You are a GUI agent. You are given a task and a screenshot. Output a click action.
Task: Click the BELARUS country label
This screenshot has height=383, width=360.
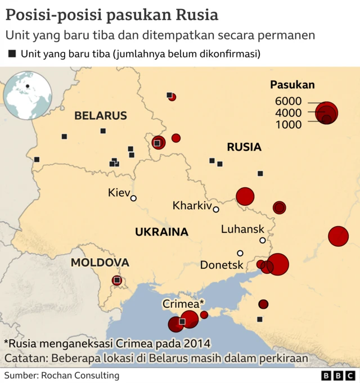coord(101,116)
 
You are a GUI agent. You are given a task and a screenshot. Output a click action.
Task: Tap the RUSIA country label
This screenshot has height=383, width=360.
coord(244,147)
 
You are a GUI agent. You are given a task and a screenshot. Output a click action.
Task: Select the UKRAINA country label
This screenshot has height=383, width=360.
coord(161,232)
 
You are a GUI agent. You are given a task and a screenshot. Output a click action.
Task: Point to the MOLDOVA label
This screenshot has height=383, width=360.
coord(100,263)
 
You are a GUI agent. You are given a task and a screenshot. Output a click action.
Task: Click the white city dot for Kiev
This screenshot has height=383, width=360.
coord(133,198)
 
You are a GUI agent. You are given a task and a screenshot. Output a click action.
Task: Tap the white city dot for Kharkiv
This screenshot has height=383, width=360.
coord(215,209)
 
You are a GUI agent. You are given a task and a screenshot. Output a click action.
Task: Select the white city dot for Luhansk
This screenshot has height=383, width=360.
coord(263,240)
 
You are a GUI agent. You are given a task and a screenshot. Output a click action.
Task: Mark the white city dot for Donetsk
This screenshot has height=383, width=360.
coord(240,253)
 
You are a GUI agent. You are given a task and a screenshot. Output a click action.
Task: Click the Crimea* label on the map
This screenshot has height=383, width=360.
coord(183,304)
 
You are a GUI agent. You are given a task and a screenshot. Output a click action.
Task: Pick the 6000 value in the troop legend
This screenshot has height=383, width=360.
coord(289,101)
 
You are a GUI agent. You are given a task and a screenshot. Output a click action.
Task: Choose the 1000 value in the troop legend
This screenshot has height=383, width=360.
coord(289,124)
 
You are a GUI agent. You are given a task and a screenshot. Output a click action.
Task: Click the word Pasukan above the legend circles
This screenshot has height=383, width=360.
coord(292,85)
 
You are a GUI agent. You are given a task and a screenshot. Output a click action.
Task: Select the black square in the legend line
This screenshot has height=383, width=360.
coord(12,54)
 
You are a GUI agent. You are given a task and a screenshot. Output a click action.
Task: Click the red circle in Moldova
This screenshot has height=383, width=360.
coord(117,280)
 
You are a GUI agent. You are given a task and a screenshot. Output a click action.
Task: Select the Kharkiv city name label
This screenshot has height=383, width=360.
coord(192,205)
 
